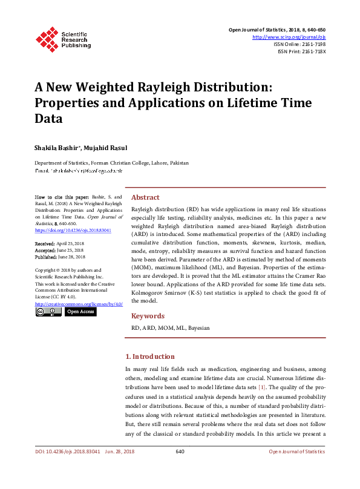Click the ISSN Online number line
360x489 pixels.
pyautogui.click(x=299, y=44)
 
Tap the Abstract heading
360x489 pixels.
pyautogui.click(x=145, y=197)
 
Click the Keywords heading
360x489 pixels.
pyautogui.click(x=148, y=315)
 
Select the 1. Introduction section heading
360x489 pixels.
pyautogui.click(x=149, y=356)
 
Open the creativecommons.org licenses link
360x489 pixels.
pyautogui.click(x=76, y=304)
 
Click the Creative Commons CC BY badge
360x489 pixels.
pyautogui.click(x=48, y=312)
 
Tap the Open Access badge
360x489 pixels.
pyautogui.click(x=80, y=312)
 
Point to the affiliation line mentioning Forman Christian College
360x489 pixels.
pyautogui.click(x=111, y=163)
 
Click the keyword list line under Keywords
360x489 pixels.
pyautogui.click(x=171, y=327)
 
